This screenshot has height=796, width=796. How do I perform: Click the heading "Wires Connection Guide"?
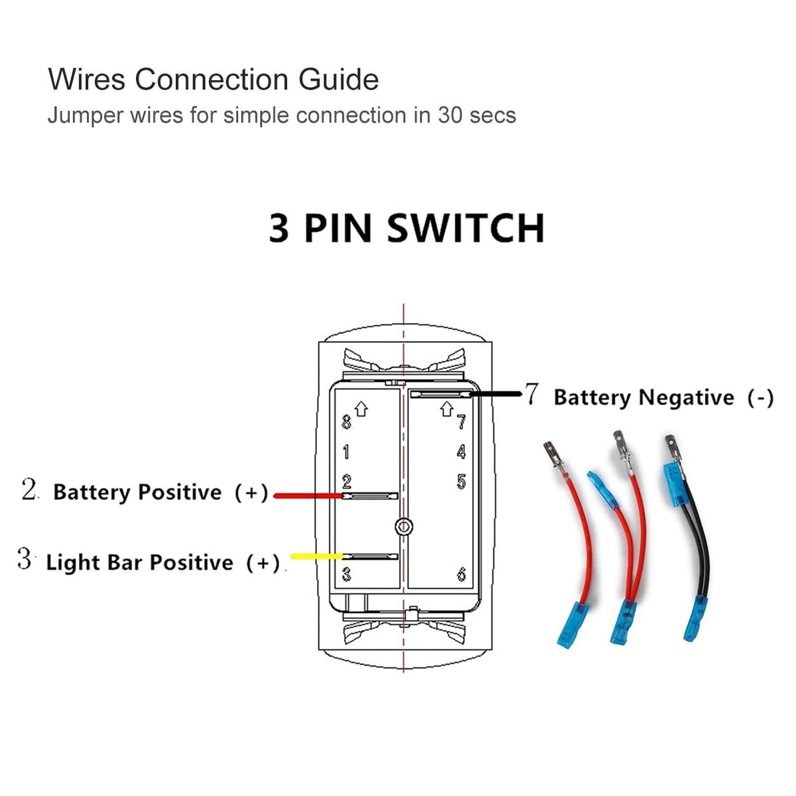tap(213, 80)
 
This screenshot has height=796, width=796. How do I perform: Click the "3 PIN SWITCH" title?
tap(407, 228)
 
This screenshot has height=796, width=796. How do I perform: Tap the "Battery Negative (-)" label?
tap(663, 397)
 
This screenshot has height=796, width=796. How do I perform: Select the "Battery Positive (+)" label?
tap(161, 492)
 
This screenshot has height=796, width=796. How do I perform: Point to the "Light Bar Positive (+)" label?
tap(163, 563)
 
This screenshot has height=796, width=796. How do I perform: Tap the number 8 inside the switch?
tap(346, 422)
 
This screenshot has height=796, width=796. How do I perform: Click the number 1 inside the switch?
tap(346, 452)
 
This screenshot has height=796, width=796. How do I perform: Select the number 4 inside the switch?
tap(461, 452)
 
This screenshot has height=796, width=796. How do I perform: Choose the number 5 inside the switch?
tap(461, 482)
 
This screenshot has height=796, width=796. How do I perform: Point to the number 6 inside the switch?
tap(461, 574)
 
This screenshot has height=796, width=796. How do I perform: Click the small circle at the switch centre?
tap(403, 527)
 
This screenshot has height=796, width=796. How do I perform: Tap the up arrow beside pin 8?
tap(361, 409)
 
